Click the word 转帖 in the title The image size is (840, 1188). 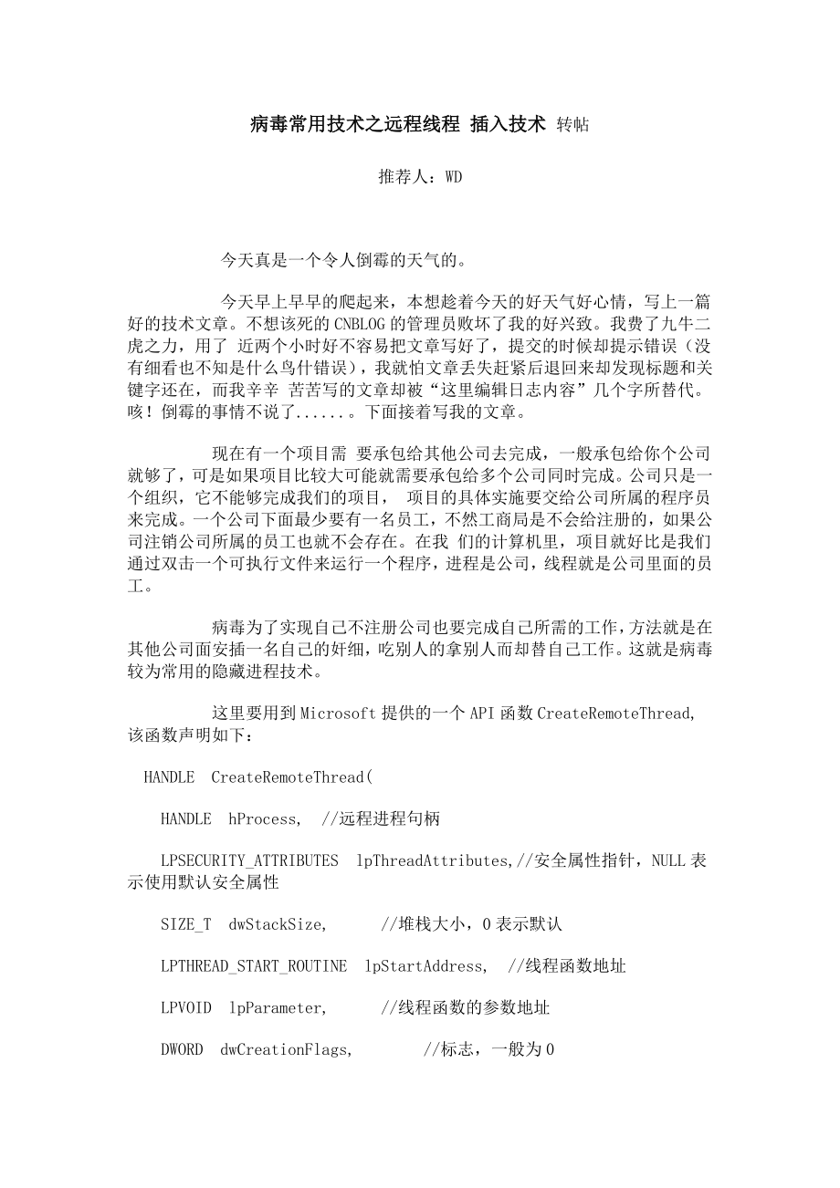point(572,125)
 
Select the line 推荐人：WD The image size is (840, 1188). point(420,177)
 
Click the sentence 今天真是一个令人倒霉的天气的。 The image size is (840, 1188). point(344,261)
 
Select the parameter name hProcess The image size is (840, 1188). point(263,818)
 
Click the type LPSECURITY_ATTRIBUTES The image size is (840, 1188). point(249,860)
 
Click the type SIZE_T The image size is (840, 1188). point(185,923)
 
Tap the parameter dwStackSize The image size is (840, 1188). point(276,923)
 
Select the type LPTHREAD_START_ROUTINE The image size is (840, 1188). point(253,965)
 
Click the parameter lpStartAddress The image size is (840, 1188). point(425,965)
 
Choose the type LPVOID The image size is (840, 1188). point(185,1007)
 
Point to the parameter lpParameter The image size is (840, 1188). point(277,1007)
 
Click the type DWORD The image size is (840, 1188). point(182,1049)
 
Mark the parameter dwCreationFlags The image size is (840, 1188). point(285,1049)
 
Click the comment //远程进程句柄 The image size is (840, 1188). point(381,818)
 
